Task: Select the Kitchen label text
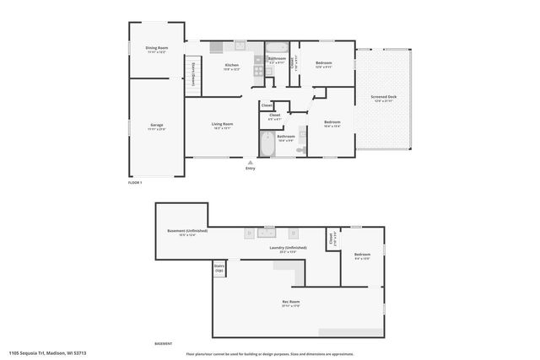(232, 67)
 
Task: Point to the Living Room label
(222, 126)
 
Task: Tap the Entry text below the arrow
(250, 169)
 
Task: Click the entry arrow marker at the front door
(250, 160)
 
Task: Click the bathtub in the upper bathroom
(277, 47)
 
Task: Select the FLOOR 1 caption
(135, 182)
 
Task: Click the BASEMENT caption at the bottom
(163, 344)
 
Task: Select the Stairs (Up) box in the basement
(219, 269)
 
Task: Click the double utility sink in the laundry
(267, 230)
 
